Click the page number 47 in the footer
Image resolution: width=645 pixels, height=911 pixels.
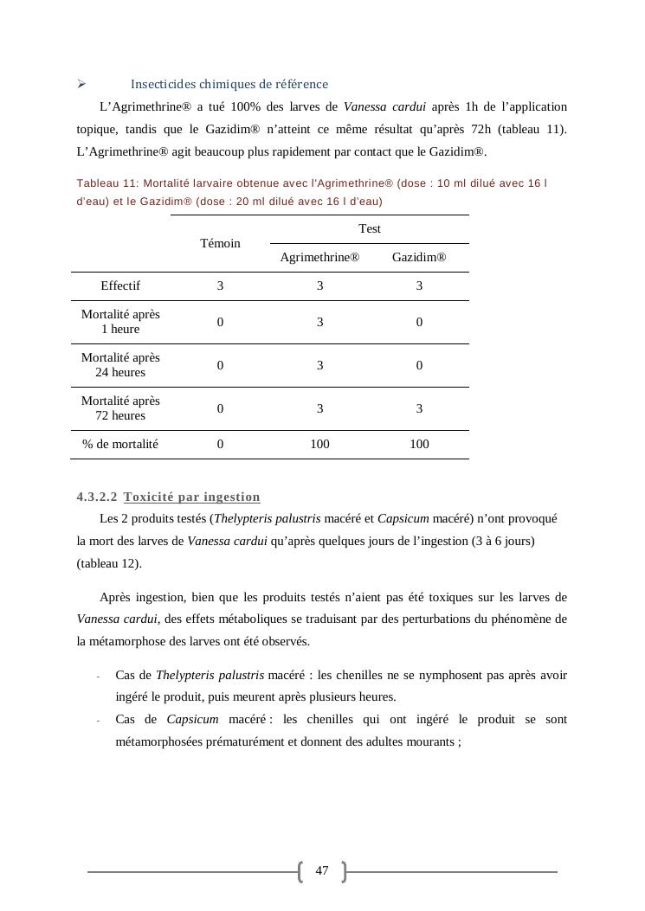point(322,871)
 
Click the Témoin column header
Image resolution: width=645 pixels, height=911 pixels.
point(220,243)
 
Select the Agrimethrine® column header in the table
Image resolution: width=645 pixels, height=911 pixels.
point(319,258)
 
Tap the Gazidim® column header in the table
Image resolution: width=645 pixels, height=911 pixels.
point(419,258)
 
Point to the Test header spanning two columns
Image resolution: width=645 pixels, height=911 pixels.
point(370,228)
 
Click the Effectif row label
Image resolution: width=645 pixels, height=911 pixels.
point(120,285)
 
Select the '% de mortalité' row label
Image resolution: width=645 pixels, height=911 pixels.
point(120,444)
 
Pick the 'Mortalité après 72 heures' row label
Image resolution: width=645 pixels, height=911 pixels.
point(120,408)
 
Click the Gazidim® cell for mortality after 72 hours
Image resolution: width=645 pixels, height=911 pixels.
point(419,408)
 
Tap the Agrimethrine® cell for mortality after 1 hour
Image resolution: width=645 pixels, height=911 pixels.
point(319,322)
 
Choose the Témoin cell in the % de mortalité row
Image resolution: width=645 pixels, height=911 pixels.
point(220,444)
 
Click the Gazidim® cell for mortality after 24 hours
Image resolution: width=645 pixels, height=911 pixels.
point(419,365)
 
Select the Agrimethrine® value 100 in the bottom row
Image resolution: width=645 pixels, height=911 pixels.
point(319,444)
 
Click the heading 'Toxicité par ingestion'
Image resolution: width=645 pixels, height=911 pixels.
point(191,497)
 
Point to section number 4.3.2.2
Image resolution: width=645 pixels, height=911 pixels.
point(97,497)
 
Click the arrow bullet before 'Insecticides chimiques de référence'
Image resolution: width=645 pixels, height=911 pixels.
point(81,84)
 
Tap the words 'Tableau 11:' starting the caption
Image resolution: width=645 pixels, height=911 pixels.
point(107,183)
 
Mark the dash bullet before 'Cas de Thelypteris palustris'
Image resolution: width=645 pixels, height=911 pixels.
point(99,676)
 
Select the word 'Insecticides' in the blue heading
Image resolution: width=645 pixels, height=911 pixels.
point(162,84)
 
